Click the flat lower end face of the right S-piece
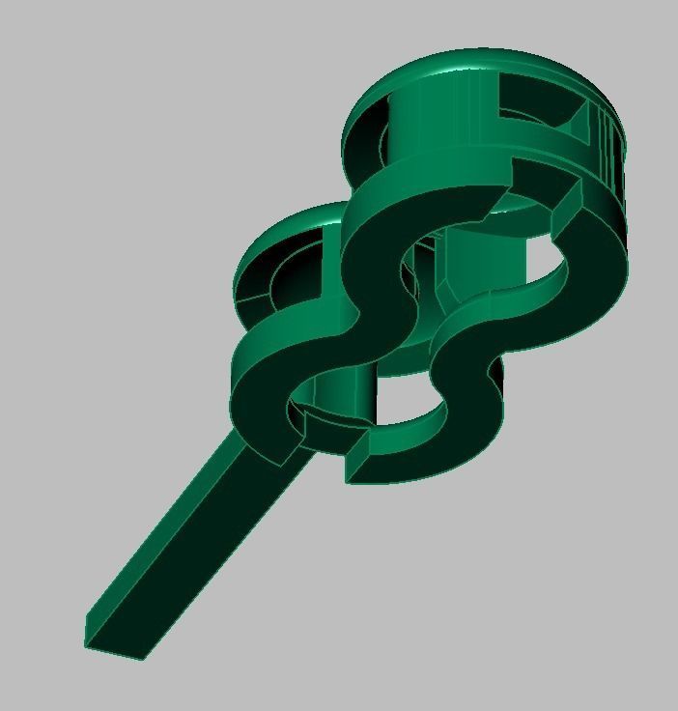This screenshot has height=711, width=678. [358, 458]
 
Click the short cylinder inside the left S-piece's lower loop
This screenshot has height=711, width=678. [338, 386]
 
